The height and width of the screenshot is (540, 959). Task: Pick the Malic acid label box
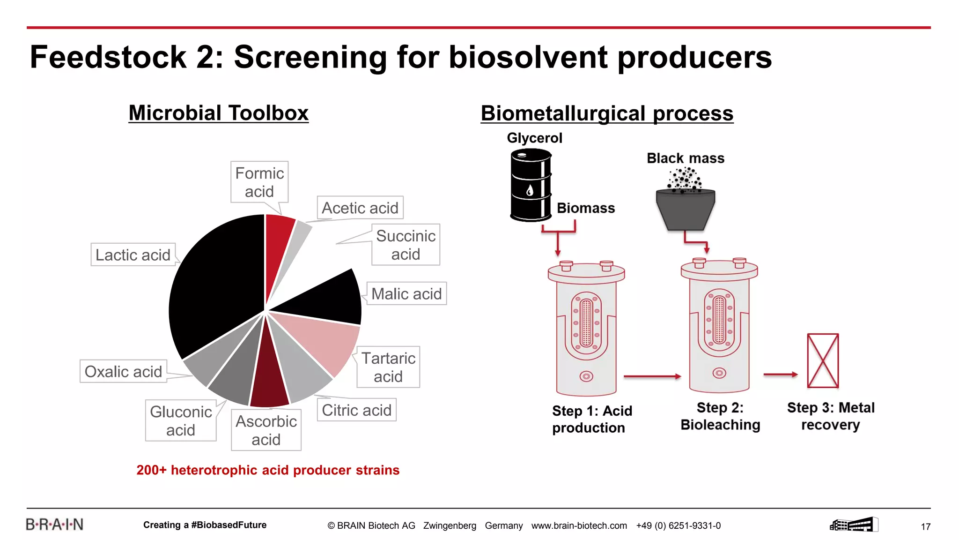click(406, 294)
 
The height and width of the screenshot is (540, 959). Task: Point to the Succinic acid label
click(406, 245)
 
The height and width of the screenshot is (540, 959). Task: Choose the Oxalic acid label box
click(123, 371)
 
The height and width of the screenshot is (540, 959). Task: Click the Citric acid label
click(356, 410)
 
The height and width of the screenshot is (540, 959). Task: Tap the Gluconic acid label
click(181, 420)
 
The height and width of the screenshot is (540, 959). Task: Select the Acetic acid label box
click(360, 208)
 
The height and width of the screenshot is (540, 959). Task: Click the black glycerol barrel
click(530, 185)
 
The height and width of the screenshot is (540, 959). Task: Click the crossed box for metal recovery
click(823, 360)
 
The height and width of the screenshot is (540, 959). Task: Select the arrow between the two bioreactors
click(652, 376)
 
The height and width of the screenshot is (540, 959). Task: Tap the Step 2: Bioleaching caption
click(720, 416)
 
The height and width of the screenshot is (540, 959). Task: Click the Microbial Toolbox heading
click(218, 113)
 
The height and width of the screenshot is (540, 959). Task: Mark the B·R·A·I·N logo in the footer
click(54, 525)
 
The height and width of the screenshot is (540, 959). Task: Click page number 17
click(925, 526)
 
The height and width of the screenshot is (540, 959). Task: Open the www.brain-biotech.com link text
click(579, 525)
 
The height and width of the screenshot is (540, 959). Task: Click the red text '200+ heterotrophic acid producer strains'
click(268, 470)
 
